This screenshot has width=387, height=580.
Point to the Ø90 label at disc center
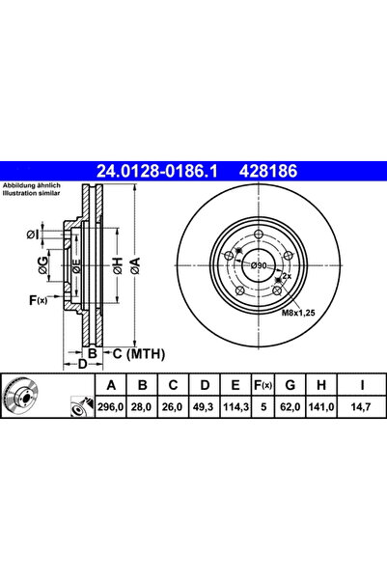point(258,265)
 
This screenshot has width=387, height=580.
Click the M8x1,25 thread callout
point(299,313)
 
